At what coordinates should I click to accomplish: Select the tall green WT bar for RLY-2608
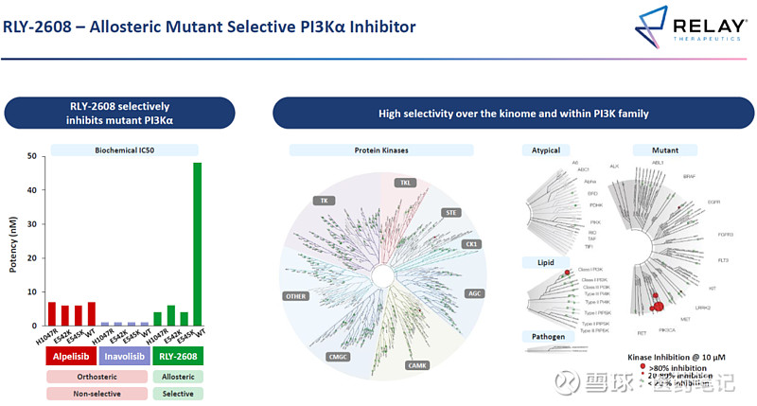pyautogui.click(x=198, y=244)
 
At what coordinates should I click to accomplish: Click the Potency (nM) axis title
pyautogui.click(x=13, y=241)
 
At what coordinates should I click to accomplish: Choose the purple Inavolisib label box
pyautogui.click(x=125, y=358)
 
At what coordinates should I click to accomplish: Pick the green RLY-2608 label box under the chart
pyautogui.click(x=177, y=358)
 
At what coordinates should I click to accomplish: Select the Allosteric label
pyautogui.click(x=177, y=376)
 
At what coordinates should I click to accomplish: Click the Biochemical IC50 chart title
pyautogui.click(x=124, y=150)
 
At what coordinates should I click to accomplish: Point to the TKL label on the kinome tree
pyautogui.click(x=405, y=183)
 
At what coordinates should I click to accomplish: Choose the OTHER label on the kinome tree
pyautogui.click(x=296, y=296)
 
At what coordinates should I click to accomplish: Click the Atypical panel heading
pyautogui.click(x=546, y=150)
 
